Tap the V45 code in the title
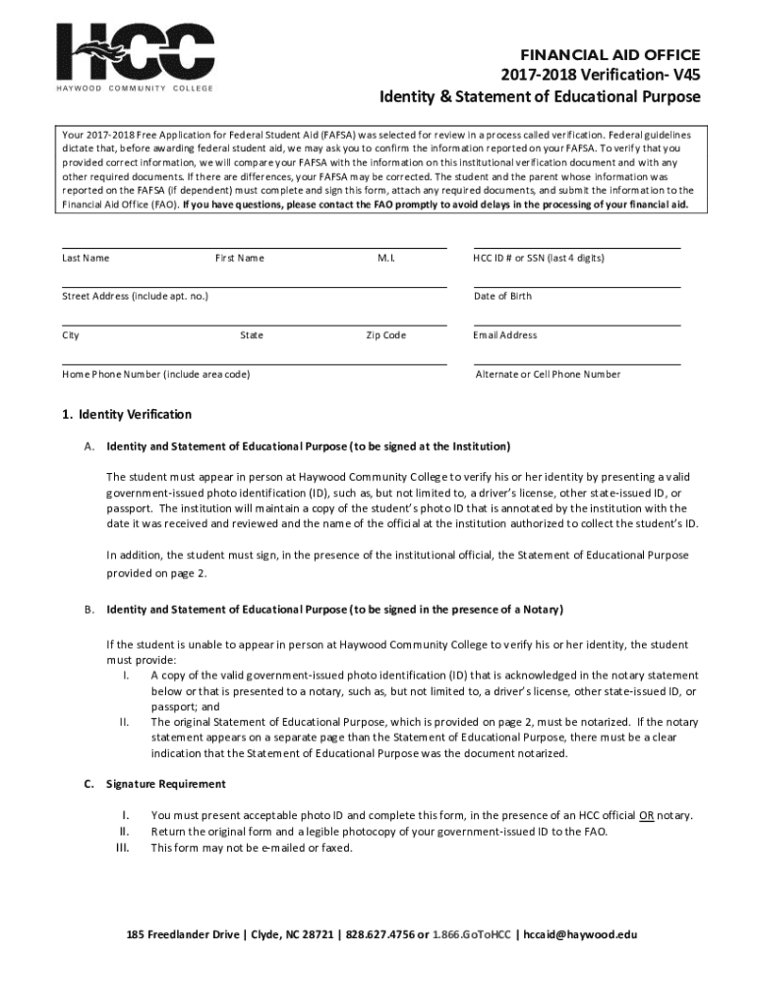(x=685, y=76)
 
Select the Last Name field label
(x=86, y=259)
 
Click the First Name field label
(x=239, y=259)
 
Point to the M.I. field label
(x=385, y=259)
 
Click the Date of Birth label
(x=502, y=297)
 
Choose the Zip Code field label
(x=385, y=335)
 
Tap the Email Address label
(x=504, y=335)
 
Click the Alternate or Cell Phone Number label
(x=548, y=375)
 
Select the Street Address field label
(x=135, y=297)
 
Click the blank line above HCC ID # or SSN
(x=576, y=248)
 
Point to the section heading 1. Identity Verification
(x=127, y=414)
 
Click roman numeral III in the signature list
(x=124, y=847)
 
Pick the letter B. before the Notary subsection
(x=88, y=610)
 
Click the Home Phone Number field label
(x=156, y=375)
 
